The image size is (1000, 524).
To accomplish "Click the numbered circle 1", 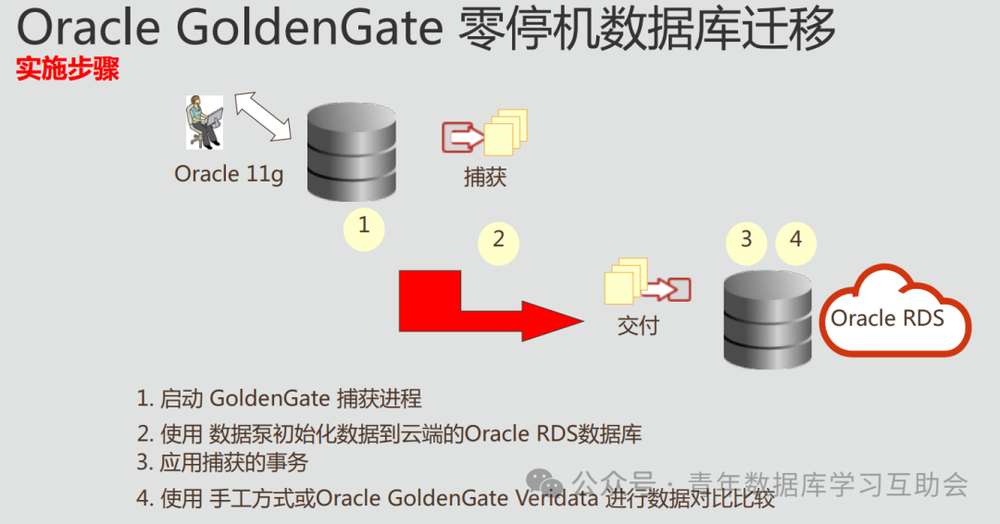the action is (x=364, y=225).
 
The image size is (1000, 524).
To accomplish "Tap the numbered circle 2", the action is (x=498, y=240).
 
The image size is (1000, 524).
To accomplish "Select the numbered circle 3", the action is (x=746, y=240).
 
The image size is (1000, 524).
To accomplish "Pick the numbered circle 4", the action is (x=795, y=240).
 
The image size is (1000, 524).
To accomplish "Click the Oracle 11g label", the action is (x=229, y=174).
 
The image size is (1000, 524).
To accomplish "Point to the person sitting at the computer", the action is (x=203, y=121).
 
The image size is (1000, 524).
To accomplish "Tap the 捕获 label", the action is (x=485, y=176).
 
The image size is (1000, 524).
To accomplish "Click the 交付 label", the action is (x=638, y=325).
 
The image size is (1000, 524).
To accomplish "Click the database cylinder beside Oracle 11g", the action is (x=351, y=153).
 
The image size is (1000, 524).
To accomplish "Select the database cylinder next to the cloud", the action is (x=768, y=318).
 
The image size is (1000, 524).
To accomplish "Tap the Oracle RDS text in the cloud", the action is (x=887, y=318).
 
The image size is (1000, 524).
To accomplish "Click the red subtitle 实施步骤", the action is (x=68, y=70).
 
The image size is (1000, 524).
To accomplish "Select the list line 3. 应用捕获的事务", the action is (x=222, y=463).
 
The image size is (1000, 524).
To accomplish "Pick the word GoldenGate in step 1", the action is (x=269, y=399).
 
